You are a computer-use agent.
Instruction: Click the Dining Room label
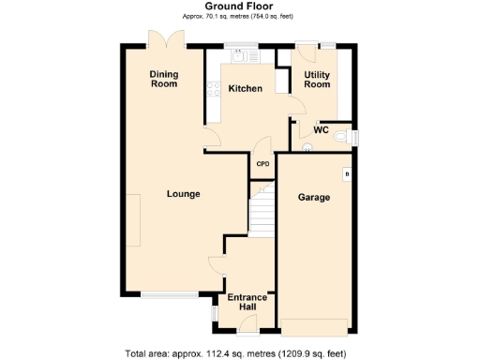point(164,78)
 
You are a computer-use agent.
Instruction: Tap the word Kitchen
point(245,89)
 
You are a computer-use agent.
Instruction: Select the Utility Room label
point(317,79)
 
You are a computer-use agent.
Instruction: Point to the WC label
point(321,132)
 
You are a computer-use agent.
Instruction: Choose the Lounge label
point(183,194)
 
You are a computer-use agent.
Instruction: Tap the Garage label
point(313,197)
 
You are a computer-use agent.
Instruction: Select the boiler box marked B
point(346,174)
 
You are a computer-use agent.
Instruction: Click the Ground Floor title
point(239,7)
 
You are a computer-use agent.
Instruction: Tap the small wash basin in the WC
point(307,145)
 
